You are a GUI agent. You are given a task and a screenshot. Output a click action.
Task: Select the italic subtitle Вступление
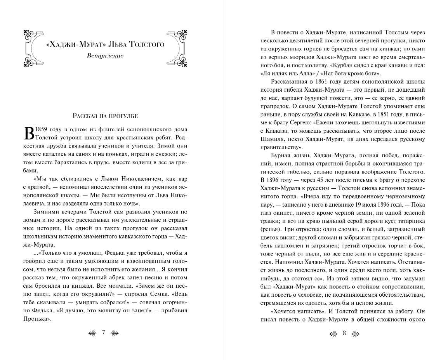[x=105, y=56]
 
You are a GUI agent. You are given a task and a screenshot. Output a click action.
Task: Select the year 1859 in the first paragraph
[x=42, y=129]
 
